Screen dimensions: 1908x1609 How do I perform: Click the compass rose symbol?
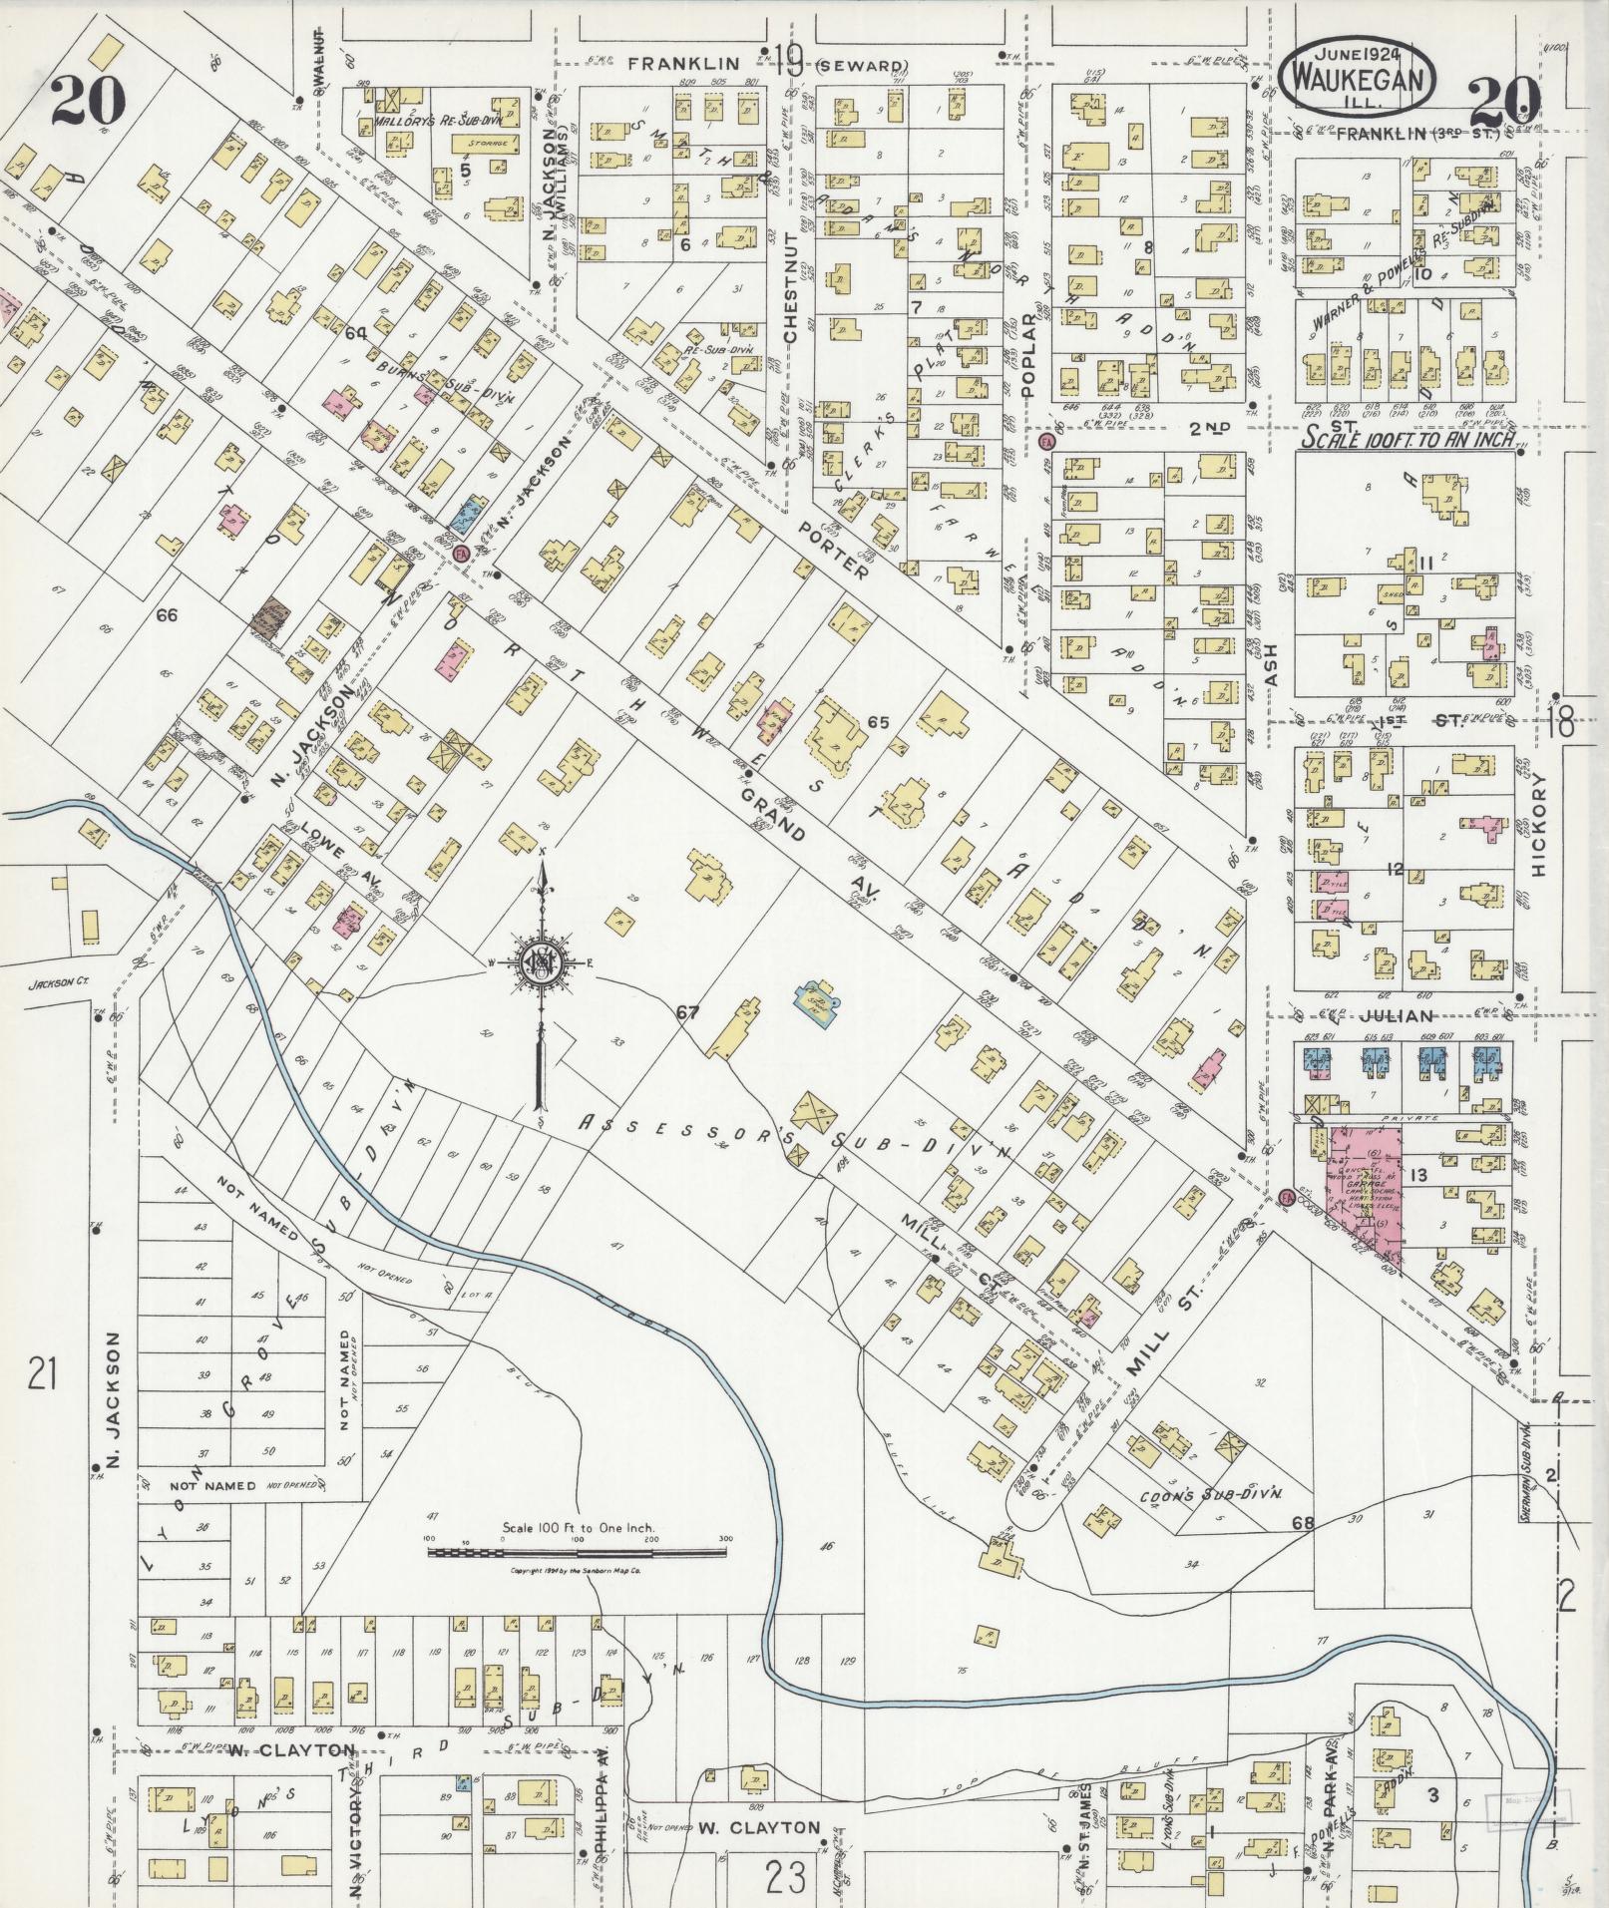(x=541, y=963)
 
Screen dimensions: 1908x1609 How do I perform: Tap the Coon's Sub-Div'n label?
(x=1211, y=1496)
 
